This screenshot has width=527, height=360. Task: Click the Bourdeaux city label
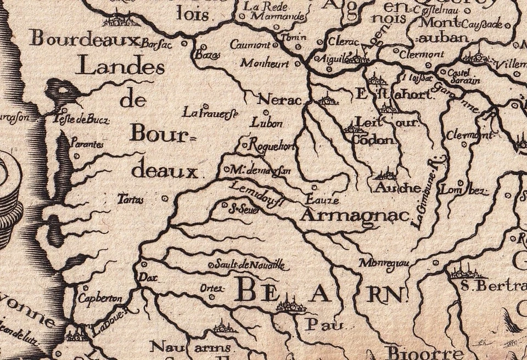coord(85,39)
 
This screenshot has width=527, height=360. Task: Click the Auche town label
coord(399,188)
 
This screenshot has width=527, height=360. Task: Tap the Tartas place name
coord(131,200)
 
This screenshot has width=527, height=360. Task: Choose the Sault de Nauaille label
coord(250,265)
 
